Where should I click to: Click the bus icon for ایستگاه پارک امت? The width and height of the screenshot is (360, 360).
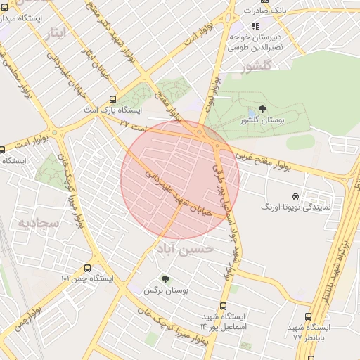tap(112, 100)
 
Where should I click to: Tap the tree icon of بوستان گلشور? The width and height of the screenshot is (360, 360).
tap(262, 108)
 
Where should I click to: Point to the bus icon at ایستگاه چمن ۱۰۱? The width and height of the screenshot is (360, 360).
tap(87, 268)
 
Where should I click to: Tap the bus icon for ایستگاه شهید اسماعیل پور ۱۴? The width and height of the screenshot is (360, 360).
tap(224, 306)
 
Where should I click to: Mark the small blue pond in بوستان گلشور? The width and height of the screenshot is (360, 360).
tap(252, 113)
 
